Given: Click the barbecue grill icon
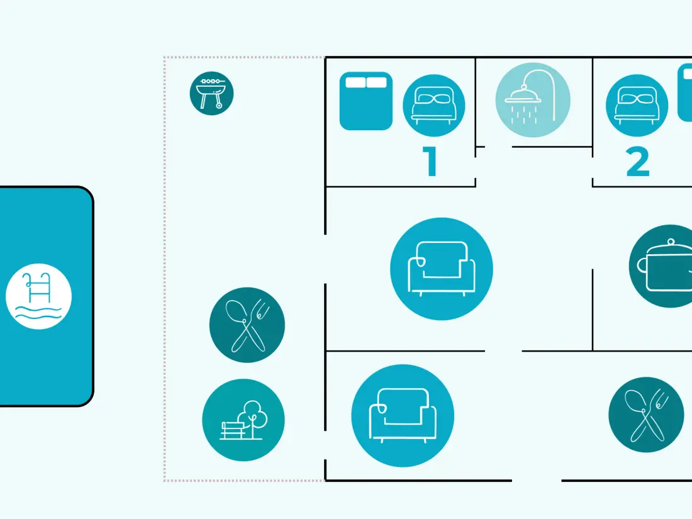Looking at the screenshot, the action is pyautogui.click(x=211, y=94).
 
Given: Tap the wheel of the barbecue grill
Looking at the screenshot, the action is pyautogui.click(x=219, y=106).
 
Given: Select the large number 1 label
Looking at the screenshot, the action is pyautogui.click(x=431, y=161).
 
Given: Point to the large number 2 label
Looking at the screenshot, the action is pyautogui.click(x=638, y=162).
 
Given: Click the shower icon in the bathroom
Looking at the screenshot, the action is pyautogui.click(x=533, y=100).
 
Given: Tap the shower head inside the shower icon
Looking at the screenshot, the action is pyautogui.click(x=523, y=94).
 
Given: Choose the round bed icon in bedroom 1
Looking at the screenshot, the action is pyautogui.click(x=434, y=106).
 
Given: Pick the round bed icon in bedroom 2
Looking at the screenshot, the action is pyautogui.click(x=637, y=106).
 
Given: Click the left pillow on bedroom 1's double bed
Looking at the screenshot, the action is pyautogui.click(x=355, y=82).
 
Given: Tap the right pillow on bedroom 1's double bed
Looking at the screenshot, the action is pyautogui.click(x=376, y=82).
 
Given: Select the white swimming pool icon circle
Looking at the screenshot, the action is pyautogui.click(x=39, y=296).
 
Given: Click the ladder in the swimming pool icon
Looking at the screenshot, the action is pyautogui.click(x=38, y=286).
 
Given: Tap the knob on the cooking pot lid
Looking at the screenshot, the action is pyautogui.click(x=671, y=242).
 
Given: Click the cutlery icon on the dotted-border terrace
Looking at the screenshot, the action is pyautogui.click(x=247, y=325).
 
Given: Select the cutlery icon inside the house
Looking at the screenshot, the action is pyautogui.click(x=646, y=415).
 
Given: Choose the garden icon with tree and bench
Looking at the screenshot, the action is pyautogui.click(x=243, y=420).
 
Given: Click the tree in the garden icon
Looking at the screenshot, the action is pyautogui.click(x=252, y=417).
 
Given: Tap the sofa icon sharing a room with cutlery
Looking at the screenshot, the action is pyautogui.click(x=403, y=416).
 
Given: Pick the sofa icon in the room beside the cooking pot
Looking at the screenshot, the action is pyautogui.click(x=442, y=269).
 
